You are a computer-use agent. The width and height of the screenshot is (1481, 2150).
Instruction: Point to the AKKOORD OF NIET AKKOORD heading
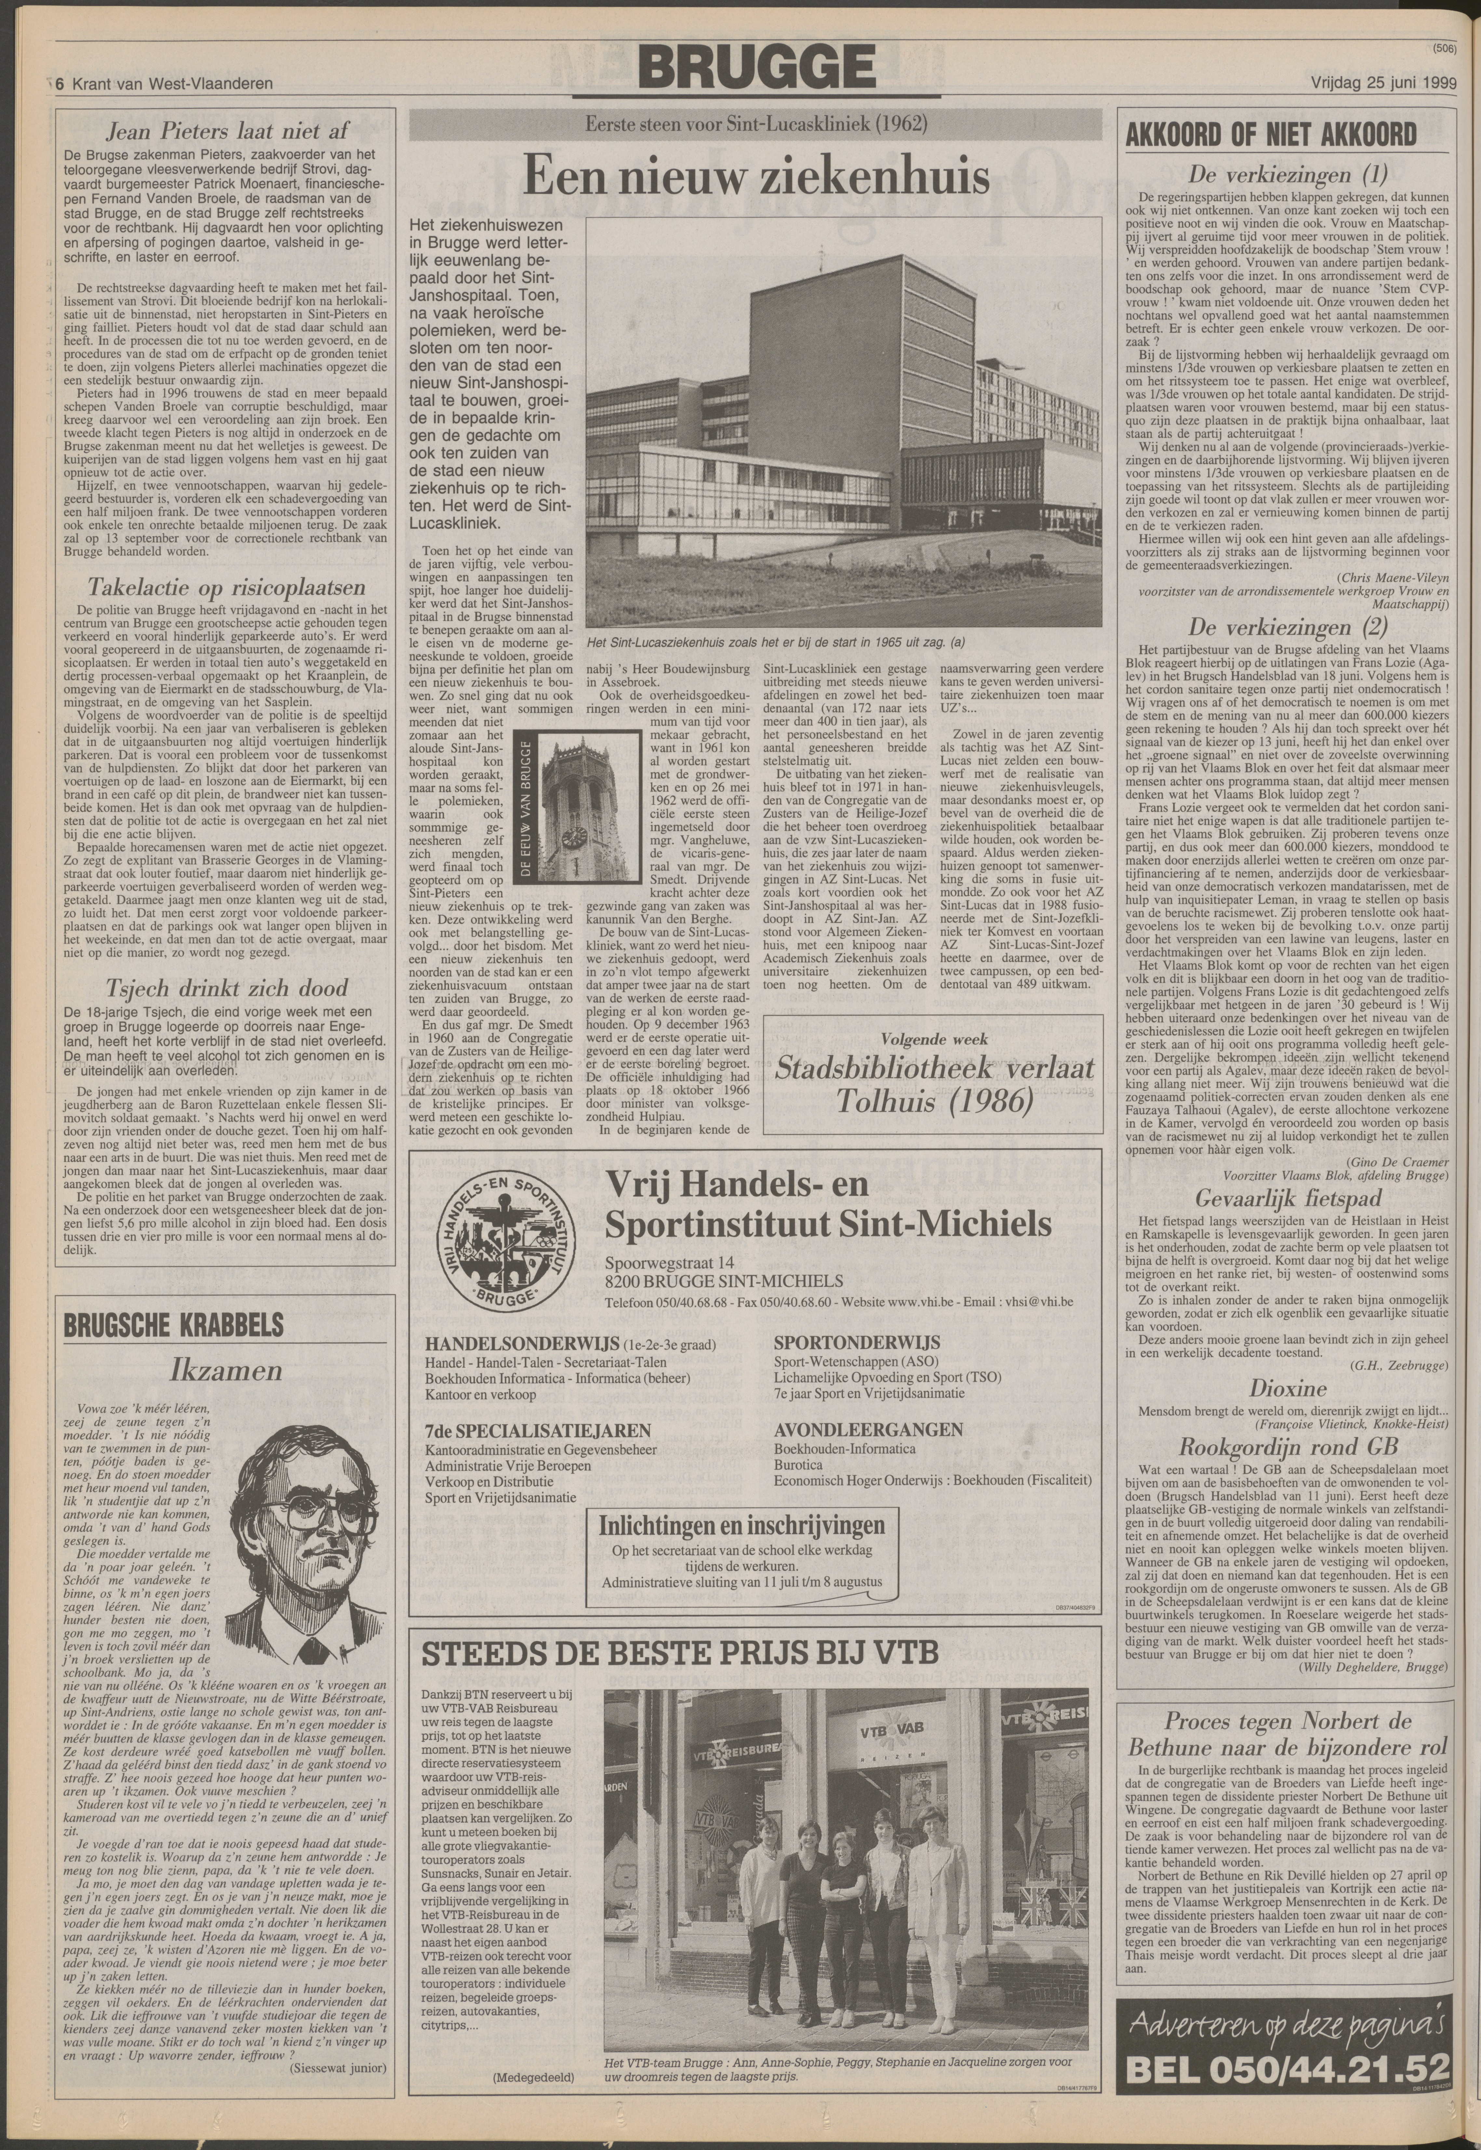click(x=1270, y=135)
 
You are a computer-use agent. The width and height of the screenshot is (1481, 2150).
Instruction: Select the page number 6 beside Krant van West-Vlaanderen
click(x=60, y=84)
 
